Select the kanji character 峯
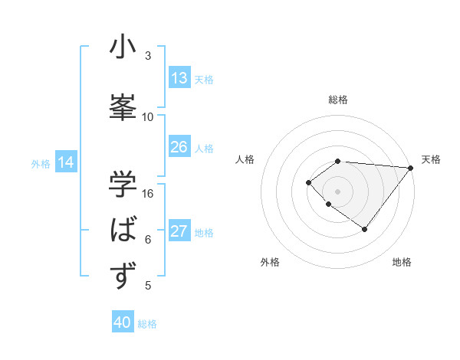[x=123, y=107]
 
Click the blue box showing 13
[x=179, y=78]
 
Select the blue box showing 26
[x=179, y=147]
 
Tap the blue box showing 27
[x=179, y=231]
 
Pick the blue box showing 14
[x=66, y=162]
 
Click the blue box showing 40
[x=123, y=322]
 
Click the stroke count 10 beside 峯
[x=148, y=117]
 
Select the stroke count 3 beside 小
[x=148, y=56]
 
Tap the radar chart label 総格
[x=338, y=100]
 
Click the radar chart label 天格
[x=431, y=159]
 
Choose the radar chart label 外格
[x=270, y=262]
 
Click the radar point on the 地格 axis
[x=364, y=229]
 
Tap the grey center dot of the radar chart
[x=338, y=191]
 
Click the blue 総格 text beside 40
[x=147, y=324]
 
